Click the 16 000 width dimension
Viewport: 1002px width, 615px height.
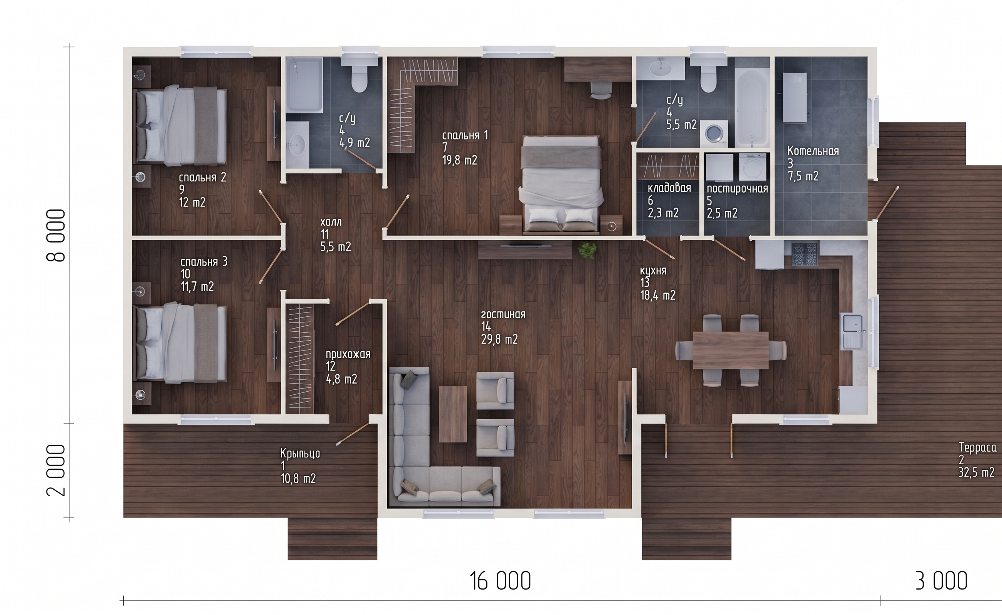pos(500,580)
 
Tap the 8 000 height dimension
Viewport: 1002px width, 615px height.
pos(56,235)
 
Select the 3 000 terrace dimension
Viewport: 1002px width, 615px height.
pos(941,580)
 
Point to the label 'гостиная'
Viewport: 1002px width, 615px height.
pos(503,314)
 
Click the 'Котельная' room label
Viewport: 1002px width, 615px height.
pos(813,151)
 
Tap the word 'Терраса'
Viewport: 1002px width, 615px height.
pos(977,447)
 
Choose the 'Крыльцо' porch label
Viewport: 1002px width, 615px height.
pos(300,453)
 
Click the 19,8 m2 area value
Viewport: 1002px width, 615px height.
pos(459,160)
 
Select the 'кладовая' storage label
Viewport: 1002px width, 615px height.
pos(669,188)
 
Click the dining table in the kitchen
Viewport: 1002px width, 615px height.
pos(731,350)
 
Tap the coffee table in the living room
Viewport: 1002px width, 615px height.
pos(453,414)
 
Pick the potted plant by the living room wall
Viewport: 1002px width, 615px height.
pos(587,250)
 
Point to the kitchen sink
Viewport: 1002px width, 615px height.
pos(852,331)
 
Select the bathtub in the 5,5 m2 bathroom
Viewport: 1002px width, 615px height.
pos(752,107)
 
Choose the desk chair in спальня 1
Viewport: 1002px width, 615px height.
pos(601,90)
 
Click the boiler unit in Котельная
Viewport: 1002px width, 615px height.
pos(794,98)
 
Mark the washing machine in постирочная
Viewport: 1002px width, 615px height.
pos(752,167)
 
